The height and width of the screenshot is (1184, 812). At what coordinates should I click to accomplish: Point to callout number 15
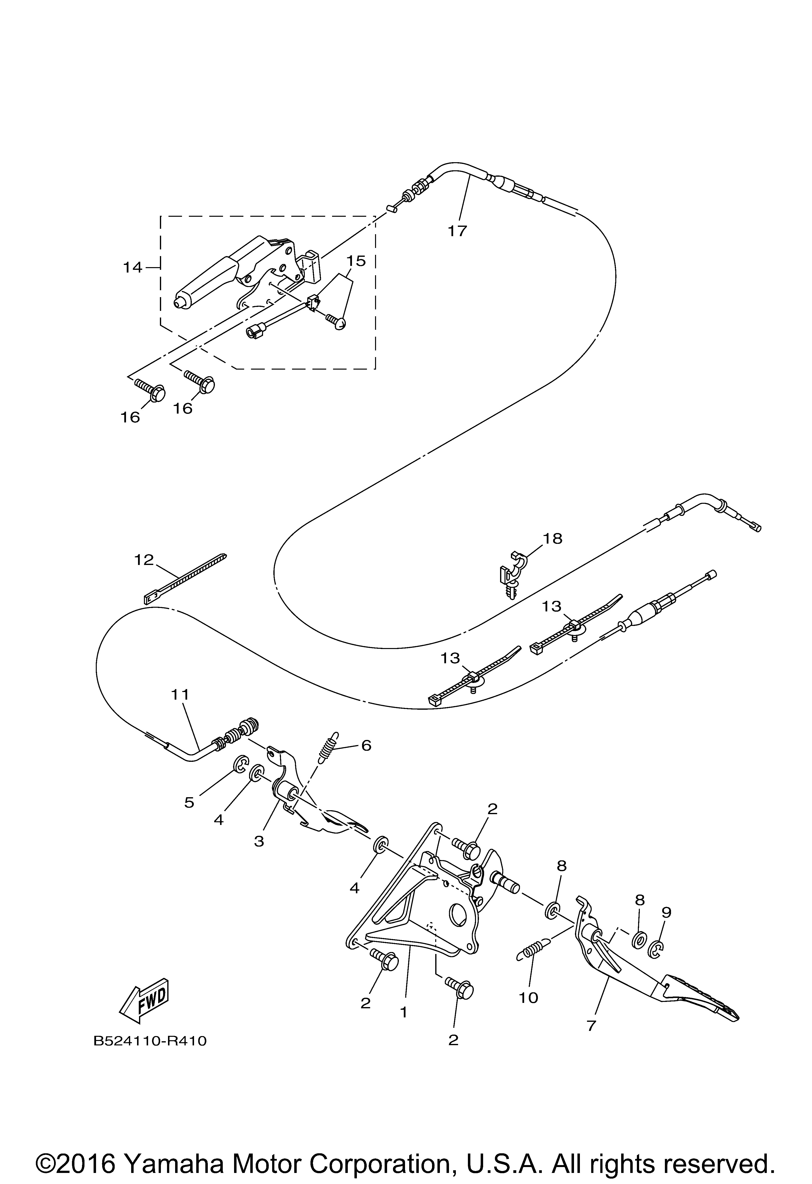coord(356,261)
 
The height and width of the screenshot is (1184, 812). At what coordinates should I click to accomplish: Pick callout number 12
coord(144,560)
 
